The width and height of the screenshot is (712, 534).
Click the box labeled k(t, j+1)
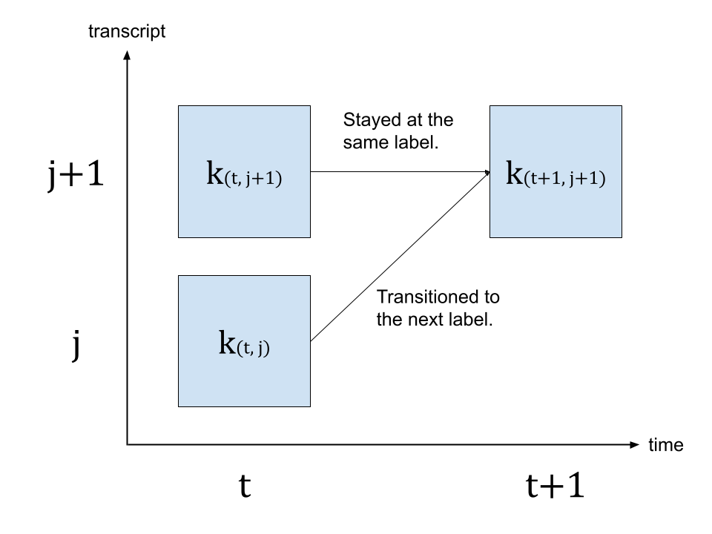[244, 171]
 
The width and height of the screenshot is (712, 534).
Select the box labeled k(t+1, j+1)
[556, 171]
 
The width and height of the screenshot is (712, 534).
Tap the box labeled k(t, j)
[244, 341]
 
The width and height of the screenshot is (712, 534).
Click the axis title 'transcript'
[127, 32]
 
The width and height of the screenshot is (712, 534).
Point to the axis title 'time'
[665, 445]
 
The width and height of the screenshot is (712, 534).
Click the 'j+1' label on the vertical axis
[74, 177]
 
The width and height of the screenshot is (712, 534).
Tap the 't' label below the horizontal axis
[244, 487]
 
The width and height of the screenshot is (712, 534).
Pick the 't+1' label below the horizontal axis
[556, 486]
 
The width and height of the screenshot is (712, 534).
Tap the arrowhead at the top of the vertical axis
[127, 53]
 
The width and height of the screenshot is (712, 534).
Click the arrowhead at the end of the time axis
[634, 445]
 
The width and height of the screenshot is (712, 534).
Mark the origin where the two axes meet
[127, 445]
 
